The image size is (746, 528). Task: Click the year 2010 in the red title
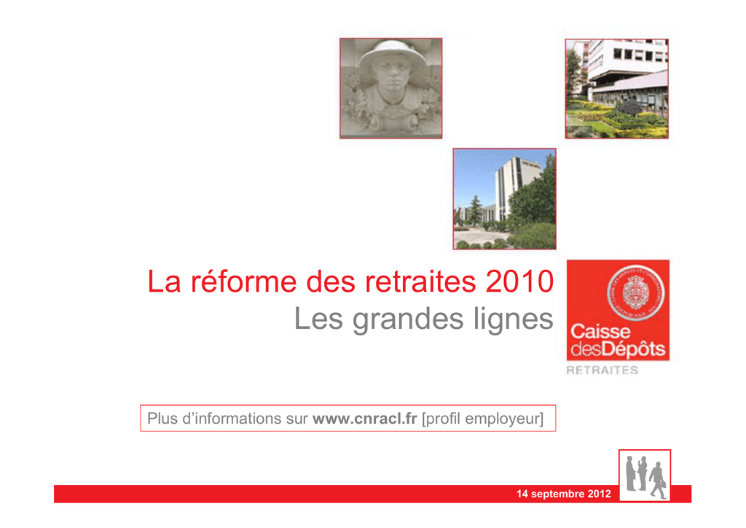pos(519,282)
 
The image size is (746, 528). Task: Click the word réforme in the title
pos(243,282)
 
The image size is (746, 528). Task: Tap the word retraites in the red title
pos(420,282)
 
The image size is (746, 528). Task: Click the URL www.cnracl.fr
pos(365,419)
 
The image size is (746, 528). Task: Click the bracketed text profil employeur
pos(482,419)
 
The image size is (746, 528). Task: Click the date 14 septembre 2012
pos(564,494)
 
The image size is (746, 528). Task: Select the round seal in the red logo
pos(635,292)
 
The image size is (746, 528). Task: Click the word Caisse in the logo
pos(600,331)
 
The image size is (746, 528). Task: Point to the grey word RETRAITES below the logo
pos(602,370)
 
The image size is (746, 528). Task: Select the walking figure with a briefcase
pos(659,481)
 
